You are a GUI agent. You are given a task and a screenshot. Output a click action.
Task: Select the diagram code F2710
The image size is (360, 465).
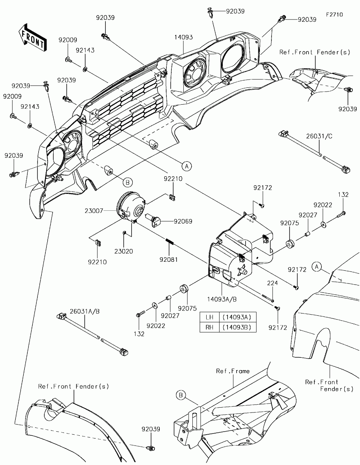(334, 15)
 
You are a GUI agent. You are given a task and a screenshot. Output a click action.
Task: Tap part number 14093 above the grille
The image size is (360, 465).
(183, 37)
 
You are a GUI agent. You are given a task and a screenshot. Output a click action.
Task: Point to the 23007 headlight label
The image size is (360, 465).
(94, 211)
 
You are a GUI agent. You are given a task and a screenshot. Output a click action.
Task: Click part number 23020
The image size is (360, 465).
(124, 251)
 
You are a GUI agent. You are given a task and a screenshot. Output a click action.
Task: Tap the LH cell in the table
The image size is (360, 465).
(210, 317)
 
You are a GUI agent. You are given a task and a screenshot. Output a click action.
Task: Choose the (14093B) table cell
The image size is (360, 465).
(238, 327)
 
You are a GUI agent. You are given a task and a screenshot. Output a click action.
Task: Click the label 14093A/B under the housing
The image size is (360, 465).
(222, 299)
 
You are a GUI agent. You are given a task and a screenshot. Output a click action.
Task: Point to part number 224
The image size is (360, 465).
(273, 283)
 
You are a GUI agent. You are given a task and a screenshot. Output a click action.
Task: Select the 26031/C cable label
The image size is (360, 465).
(319, 136)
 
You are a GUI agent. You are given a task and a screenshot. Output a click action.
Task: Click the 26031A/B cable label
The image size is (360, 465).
(85, 311)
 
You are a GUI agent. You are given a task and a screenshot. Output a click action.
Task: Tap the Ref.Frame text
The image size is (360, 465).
(233, 371)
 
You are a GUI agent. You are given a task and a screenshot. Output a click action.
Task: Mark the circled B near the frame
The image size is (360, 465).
(181, 395)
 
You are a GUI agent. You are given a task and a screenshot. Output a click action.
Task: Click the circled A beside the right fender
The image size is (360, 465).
(317, 267)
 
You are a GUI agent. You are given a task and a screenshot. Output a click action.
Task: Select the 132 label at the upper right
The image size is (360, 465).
(343, 195)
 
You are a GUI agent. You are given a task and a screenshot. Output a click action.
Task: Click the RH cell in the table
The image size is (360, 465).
(210, 327)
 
